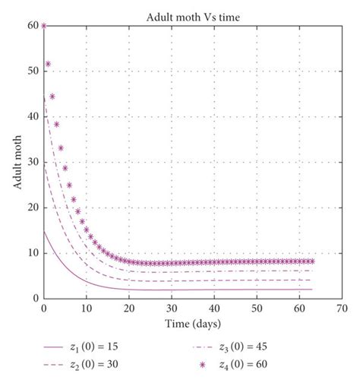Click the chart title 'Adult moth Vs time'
(x=192, y=15)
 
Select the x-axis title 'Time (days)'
(x=193, y=324)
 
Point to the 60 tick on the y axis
(x=34, y=25)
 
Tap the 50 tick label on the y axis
(x=34, y=71)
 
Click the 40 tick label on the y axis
(x=34, y=116)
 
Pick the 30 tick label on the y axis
(x=34, y=162)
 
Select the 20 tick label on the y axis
(x=34, y=207)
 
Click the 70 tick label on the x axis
(x=342, y=309)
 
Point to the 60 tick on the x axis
(x=299, y=309)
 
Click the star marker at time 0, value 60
(x=44, y=25)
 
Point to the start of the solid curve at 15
(x=44, y=231)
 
